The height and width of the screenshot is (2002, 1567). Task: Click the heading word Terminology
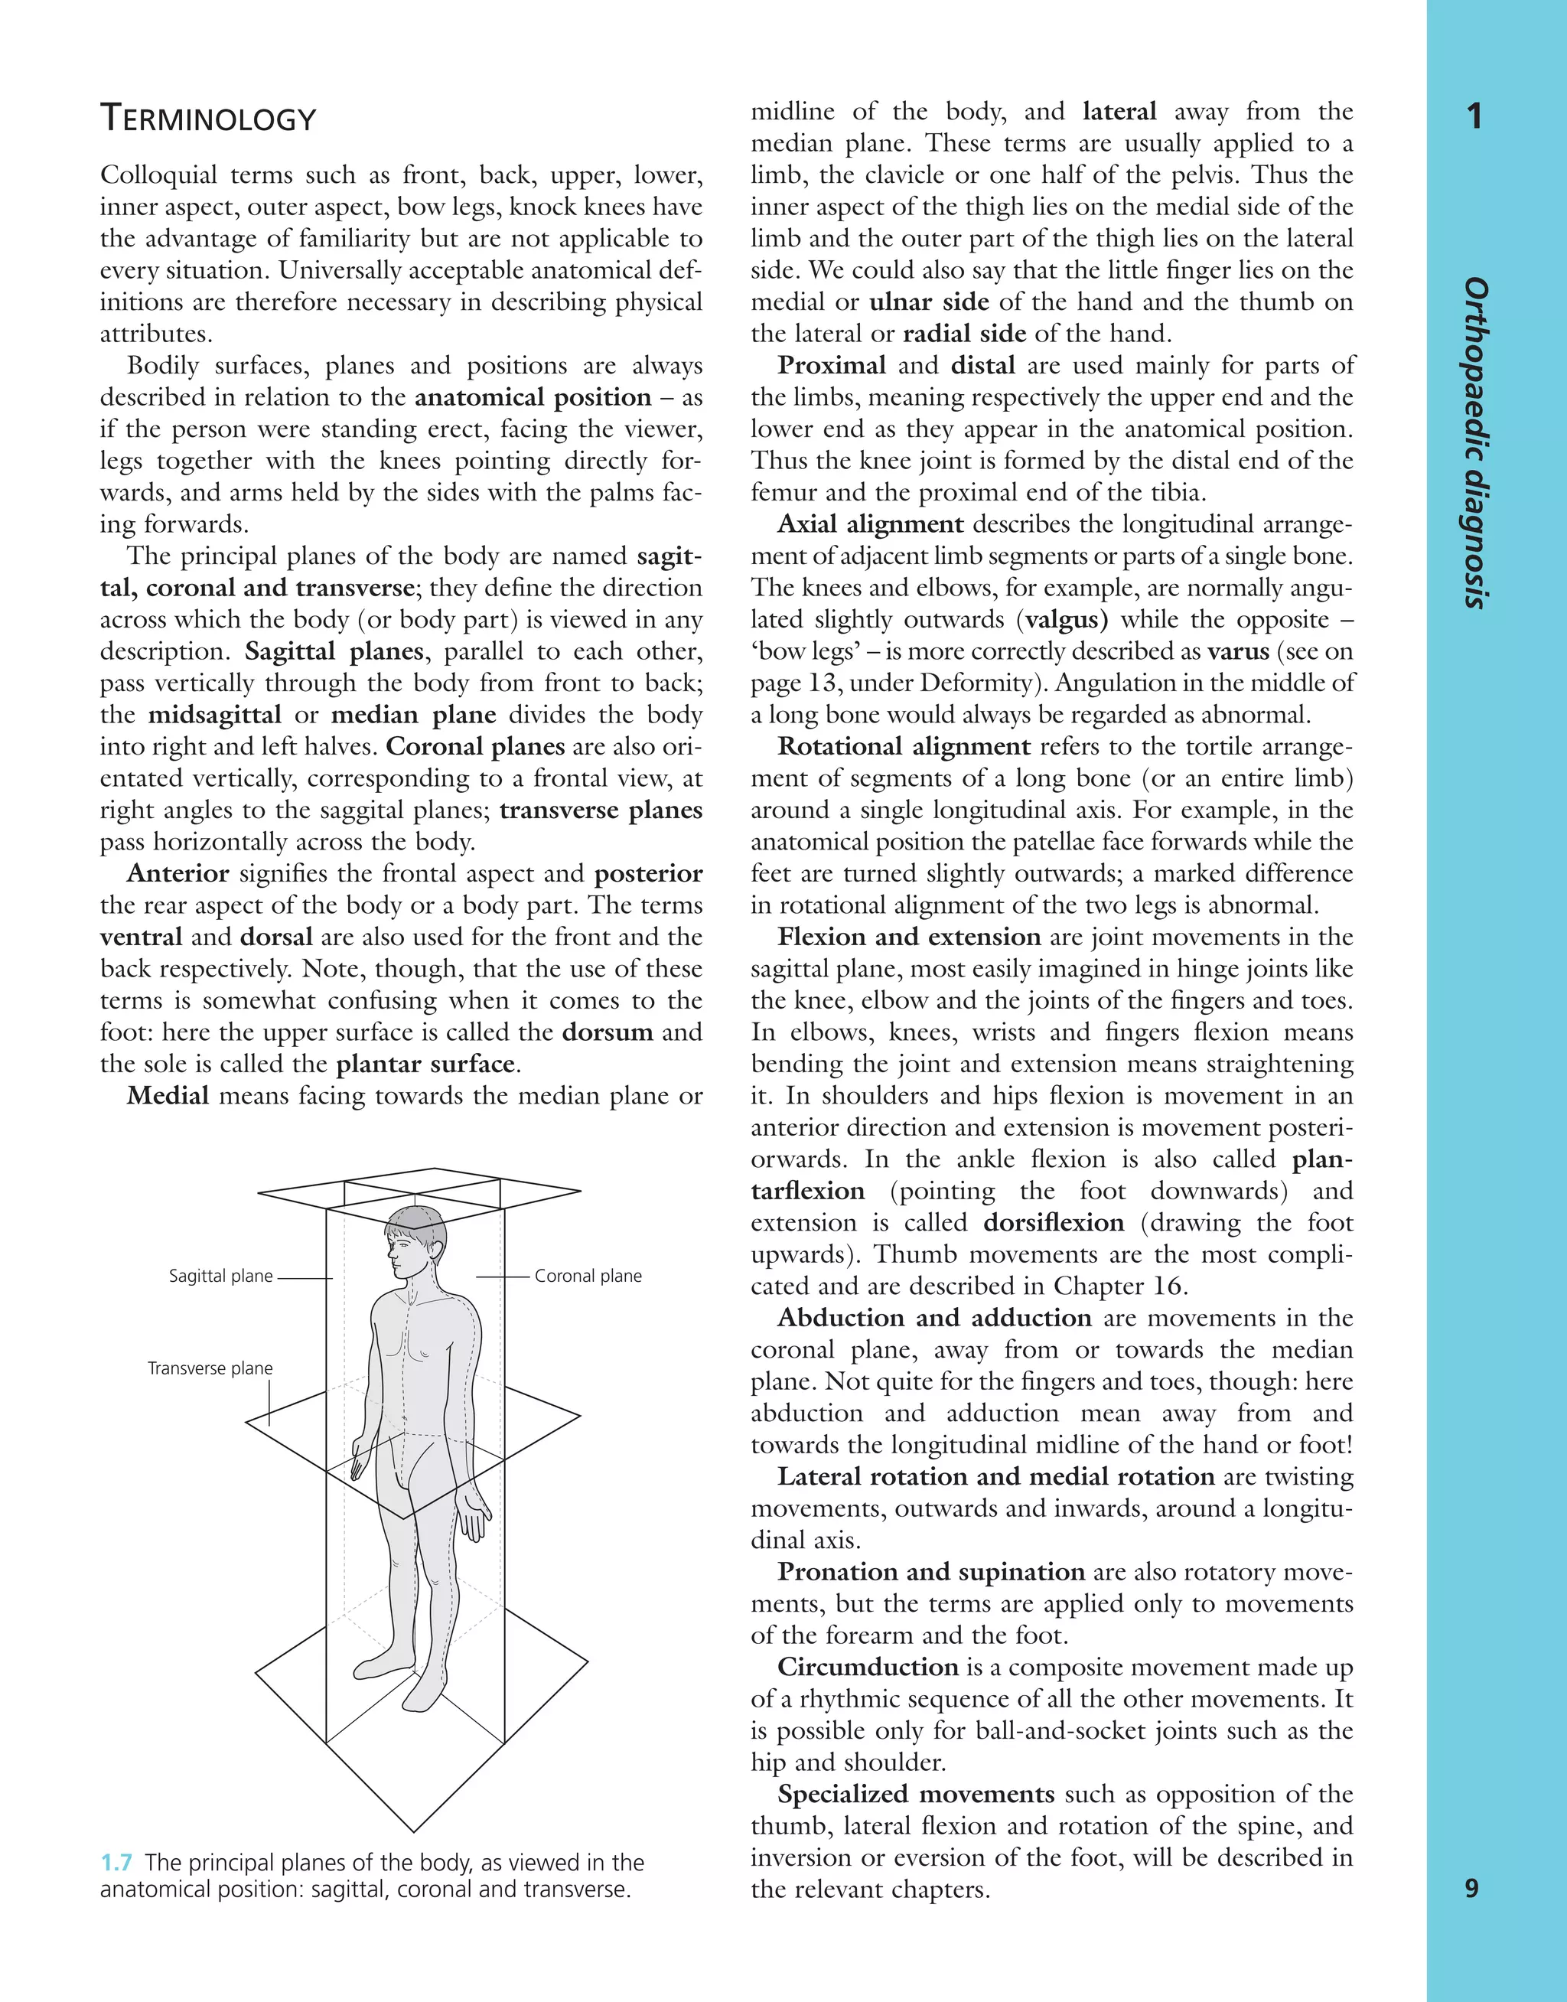point(207,119)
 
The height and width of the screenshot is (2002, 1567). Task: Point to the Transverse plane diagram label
point(210,1368)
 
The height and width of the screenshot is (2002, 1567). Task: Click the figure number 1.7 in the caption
point(116,1863)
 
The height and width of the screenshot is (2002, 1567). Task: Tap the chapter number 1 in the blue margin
point(1474,116)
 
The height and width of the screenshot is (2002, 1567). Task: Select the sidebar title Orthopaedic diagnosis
point(1475,442)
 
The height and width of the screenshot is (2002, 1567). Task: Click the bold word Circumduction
point(867,1667)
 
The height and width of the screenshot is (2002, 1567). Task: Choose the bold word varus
point(1239,651)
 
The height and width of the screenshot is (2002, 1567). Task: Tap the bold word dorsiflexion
point(1054,1223)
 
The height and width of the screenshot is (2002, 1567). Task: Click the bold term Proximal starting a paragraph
point(831,365)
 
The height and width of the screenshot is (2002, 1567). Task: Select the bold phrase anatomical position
point(533,397)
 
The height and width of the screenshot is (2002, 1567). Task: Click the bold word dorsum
point(608,1032)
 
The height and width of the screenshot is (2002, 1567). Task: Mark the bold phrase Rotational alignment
point(904,747)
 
